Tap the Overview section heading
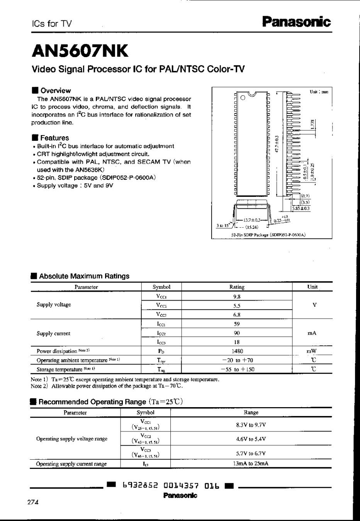(x=55, y=91)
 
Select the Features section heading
(x=54, y=138)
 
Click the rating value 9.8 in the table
(x=237, y=297)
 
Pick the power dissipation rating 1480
(x=237, y=351)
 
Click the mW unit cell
(x=312, y=351)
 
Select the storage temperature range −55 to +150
(x=237, y=369)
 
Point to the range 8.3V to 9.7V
(x=251, y=425)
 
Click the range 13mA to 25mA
(x=251, y=464)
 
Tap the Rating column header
(x=237, y=287)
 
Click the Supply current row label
(x=53, y=333)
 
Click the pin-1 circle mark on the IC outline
(x=243, y=98)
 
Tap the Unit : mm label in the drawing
(x=319, y=92)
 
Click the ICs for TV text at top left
(x=52, y=24)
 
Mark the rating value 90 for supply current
(x=237, y=333)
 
